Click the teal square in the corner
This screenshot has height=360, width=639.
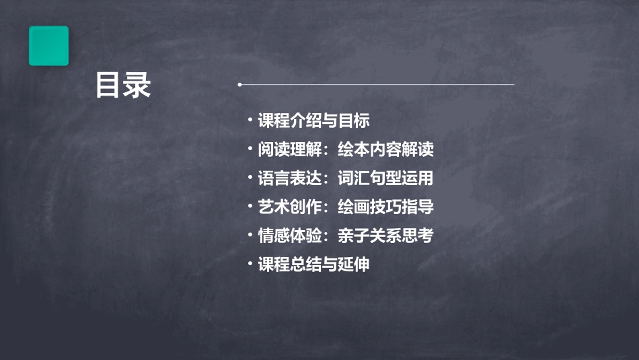point(48,46)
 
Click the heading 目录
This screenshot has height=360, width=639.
point(123,85)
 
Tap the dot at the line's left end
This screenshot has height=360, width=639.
point(239,85)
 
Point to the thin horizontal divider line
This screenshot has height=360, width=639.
point(377,85)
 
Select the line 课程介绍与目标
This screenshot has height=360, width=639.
point(313,121)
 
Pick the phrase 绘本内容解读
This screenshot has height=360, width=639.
point(385,149)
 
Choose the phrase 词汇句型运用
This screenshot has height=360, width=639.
point(385,178)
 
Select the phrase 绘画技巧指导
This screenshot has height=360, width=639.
point(385,207)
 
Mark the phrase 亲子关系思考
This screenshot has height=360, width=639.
point(385,236)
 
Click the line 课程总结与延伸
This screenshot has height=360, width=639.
point(313,264)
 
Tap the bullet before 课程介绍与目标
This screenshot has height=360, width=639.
point(250,120)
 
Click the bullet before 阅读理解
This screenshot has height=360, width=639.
point(250,149)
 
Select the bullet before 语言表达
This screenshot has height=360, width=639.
point(250,178)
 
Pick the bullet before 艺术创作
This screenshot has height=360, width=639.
point(250,207)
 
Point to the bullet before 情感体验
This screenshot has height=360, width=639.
point(250,235)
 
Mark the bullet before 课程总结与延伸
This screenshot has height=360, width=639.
point(250,264)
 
